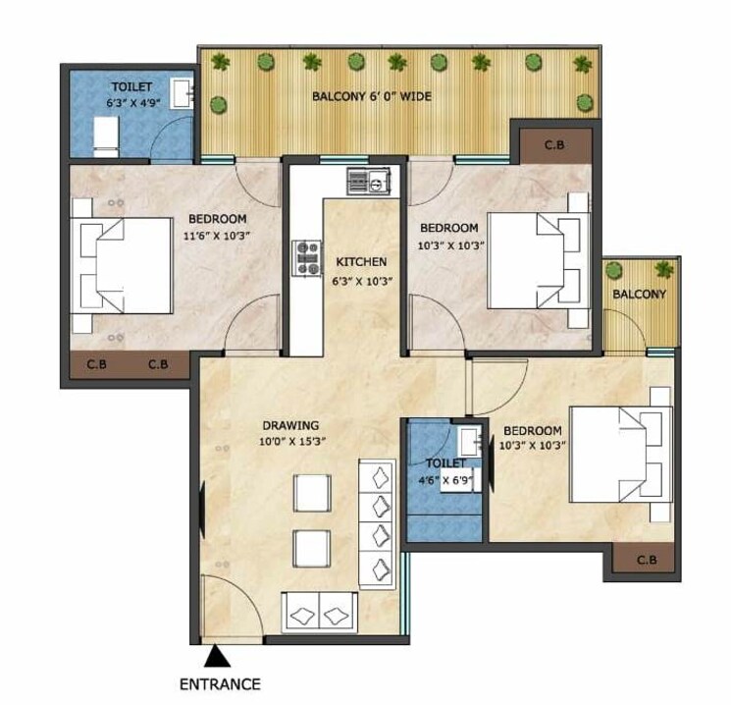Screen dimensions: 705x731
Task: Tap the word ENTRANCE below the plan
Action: point(221,682)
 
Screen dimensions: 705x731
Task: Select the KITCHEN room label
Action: point(360,262)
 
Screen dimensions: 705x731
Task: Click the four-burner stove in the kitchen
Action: point(306,256)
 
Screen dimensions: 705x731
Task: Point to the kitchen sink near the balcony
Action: point(369,180)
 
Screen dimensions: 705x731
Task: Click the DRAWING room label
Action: point(290,425)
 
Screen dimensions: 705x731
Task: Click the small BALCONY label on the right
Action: point(639,294)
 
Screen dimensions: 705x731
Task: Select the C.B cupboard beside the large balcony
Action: point(554,145)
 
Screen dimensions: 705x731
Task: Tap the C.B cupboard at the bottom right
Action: point(646,560)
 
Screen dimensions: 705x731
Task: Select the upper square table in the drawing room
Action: point(312,490)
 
